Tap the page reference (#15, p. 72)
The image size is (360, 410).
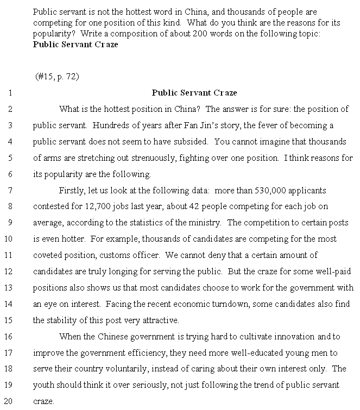(57, 76)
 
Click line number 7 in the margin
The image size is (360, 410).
(10, 190)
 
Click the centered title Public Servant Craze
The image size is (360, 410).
(194, 92)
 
